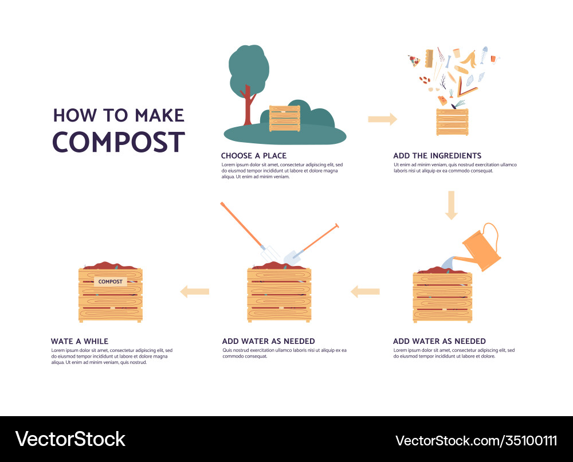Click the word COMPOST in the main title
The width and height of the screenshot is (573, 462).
tap(119, 142)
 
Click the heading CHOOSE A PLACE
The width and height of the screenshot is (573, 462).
tap(254, 155)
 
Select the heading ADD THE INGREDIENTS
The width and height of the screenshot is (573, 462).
tap(437, 155)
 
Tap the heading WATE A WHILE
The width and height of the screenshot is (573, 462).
tap(79, 341)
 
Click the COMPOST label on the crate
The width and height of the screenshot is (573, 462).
tap(110, 281)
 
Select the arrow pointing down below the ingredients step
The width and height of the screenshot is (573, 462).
tap(452, 205)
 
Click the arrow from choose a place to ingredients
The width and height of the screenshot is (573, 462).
tap(382, 119)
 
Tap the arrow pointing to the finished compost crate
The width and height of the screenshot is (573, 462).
tap(194, 291)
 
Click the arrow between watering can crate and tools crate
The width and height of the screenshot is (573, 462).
tap(365, 291)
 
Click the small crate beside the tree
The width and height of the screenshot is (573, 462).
tap(285, 119)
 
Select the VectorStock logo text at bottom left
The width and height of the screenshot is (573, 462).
tap(70, 439)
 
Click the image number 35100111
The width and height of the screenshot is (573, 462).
tap(527, 440)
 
